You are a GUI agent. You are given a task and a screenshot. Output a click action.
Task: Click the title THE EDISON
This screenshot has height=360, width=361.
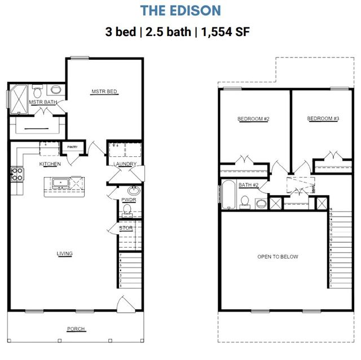pos(180,10)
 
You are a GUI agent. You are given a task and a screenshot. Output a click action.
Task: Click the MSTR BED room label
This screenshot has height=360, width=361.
pos(104,91)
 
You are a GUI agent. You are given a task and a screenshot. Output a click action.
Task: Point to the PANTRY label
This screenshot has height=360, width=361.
pos(72,147)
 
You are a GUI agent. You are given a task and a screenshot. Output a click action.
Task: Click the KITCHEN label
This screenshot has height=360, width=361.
pos(50,164)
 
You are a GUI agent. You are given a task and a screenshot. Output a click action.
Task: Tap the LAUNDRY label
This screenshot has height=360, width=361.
pos(124,164)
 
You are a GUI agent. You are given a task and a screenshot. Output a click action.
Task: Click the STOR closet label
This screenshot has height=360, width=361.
pos(126,228)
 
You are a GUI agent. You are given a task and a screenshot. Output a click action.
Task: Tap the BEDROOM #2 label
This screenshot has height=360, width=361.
pos(253,119)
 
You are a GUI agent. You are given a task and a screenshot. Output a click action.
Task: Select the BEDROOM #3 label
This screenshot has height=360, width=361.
pos(323,119)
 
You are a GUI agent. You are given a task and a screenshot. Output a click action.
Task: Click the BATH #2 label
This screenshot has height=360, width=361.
pos(248,185)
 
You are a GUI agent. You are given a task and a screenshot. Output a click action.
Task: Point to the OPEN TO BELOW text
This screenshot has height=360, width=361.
pos(278,257)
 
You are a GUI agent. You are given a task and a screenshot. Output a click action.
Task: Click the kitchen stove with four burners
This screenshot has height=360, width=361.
pos(16,174)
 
